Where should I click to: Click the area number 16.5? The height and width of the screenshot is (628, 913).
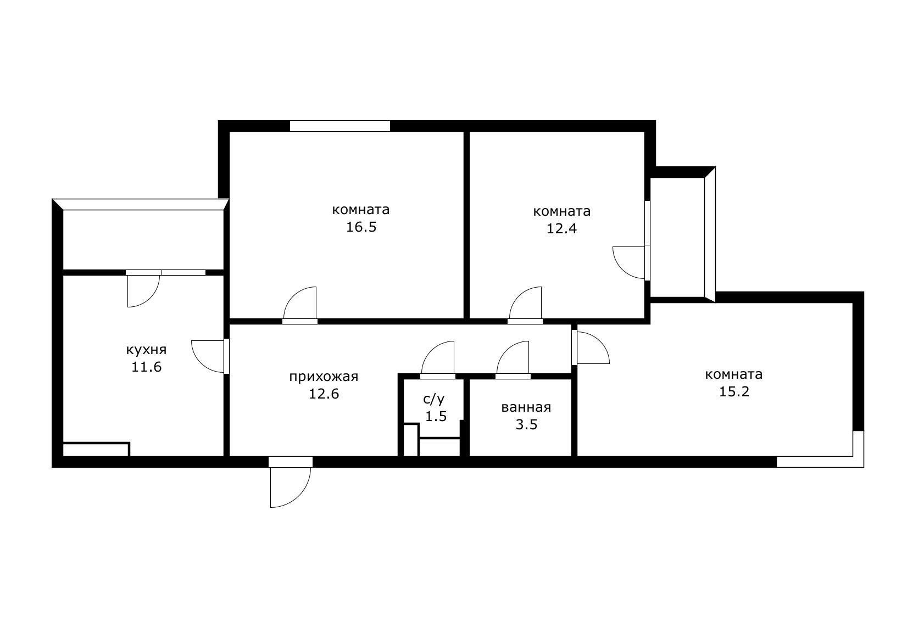pyautogui.click(x=361, y=227)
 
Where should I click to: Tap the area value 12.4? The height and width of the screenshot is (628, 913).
pyautogui.click(x=561, y=228)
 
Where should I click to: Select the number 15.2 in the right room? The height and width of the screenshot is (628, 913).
pyautogui.click(x=734, y=392)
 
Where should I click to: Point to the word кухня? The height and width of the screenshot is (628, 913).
pyautogui.click(x=146, y=350)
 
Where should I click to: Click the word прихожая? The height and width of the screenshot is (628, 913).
pyautogui.click(x=324, y=377)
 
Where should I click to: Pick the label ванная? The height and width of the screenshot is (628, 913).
pyautogui.click(x=526, y=407)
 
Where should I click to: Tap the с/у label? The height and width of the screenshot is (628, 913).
pyautogui.click(x=434, y=399)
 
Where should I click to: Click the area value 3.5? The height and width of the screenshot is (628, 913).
pyautogui.click(x=527, y=425)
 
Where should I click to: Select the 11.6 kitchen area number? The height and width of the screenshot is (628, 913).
pyautogui.click(x=146, y=367)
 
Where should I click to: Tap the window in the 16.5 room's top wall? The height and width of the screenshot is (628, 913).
pyautogui.click(x=340, y=126)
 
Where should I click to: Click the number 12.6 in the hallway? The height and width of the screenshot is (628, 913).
pyautogui.click(x=324, y=394)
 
